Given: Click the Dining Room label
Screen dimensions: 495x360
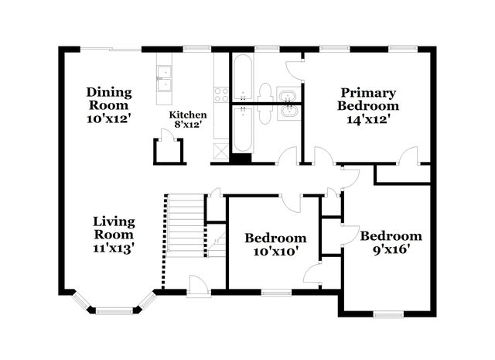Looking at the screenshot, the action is coord(109,98).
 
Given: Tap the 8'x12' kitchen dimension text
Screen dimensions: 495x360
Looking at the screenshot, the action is coord(189,125).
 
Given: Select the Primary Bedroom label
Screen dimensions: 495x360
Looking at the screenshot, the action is coord(368,99).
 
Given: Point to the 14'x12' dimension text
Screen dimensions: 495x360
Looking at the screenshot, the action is coord(368,119).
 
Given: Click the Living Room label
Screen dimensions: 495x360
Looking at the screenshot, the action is coord(114,228).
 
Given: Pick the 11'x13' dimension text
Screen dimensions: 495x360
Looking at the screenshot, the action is coord(114,249).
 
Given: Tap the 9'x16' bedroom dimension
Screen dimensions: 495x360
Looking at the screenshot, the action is coord(391,250).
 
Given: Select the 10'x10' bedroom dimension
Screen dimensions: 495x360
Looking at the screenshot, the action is coord(275,252).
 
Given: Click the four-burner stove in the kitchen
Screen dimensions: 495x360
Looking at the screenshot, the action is coord(221,94).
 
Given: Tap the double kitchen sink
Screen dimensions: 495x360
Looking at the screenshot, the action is coord(165,78).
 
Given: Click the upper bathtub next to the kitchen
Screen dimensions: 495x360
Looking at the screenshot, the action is coord(242,77).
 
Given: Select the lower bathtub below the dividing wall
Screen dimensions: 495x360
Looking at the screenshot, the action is coord(242,129).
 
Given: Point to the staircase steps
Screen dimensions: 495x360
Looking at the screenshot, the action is coord(186,225).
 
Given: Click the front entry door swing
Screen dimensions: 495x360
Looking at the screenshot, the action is coord(198,286).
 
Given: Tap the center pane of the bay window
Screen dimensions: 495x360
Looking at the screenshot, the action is coord(114,311).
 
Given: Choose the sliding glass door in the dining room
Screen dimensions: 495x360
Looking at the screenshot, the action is coord(111,50).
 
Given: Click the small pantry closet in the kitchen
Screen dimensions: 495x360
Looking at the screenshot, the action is coord(168,152).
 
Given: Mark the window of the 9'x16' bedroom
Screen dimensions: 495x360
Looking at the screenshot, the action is coord(388,314).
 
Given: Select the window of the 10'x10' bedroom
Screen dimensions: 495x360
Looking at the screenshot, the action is coord(277,293).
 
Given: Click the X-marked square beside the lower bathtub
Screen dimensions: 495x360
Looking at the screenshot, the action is coord(221,151).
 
